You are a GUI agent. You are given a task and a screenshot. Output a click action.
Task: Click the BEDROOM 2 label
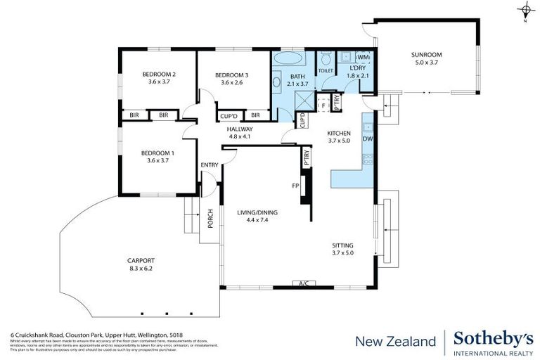pos(159,75)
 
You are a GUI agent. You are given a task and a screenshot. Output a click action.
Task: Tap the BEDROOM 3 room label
pos(231,75)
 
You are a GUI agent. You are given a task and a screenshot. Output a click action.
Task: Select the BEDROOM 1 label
pos(157,153)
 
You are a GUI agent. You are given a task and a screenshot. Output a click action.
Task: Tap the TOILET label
pos(326,71)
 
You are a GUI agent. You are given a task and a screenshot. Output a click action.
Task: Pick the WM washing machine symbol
pos(364,56)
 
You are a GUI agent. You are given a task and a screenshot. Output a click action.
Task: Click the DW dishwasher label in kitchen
pos(367,139)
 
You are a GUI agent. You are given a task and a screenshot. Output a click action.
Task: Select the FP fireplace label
pos(296,186)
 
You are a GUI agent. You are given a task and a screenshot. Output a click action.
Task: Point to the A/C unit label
pos(304,284)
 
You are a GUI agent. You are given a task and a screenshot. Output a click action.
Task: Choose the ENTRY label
pos(210,165)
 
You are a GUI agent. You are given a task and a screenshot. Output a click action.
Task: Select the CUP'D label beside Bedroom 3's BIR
pos(229,115)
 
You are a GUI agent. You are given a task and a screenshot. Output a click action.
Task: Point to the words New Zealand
pos(395,342)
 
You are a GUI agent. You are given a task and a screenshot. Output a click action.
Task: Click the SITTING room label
pos(345,246)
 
